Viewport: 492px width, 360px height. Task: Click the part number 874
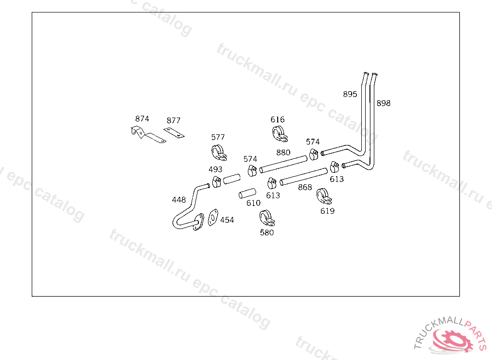pos(142,119)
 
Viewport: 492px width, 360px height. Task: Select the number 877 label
pos(173,120)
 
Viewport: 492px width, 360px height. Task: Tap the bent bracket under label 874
pos(147,135)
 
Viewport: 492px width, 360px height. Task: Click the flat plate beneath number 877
pos(174,132)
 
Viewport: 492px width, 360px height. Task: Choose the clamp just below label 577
pos(218,152)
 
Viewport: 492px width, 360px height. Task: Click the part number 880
pos(283,153)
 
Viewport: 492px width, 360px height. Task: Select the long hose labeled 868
pos(304,176)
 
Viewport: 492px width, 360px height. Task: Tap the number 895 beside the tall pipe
pos(350,94)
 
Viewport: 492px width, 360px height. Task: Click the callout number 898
pos(383,103)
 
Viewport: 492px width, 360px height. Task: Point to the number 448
pos(179,200)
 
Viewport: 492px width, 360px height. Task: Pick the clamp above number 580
pos(266,218)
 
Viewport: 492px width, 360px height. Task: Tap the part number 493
pos(215,169)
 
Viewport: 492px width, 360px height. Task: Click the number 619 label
pos(327,211)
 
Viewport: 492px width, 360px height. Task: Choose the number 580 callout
pos(266,232)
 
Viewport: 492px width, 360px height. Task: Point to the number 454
pos(227,220)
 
